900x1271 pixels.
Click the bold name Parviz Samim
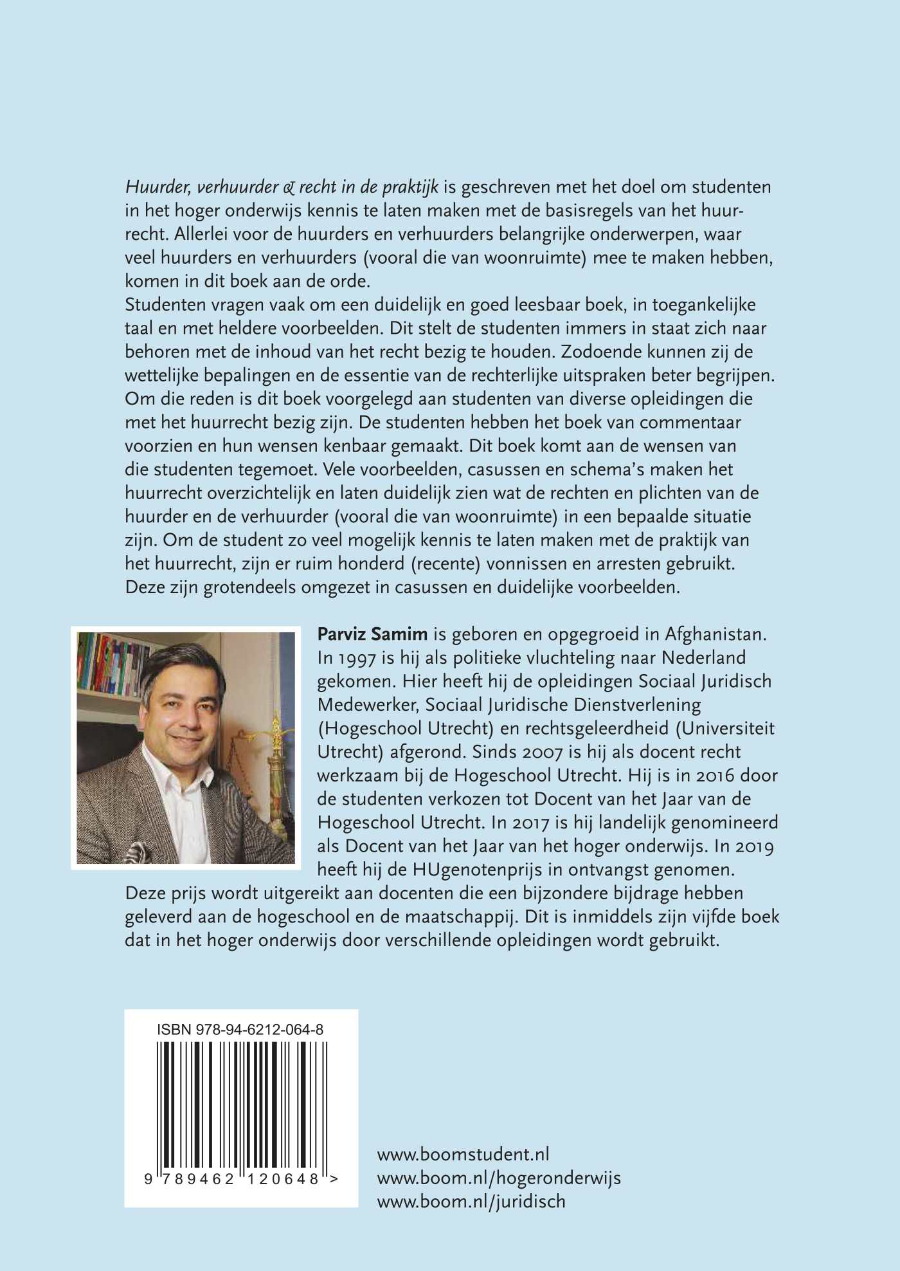pyautogui.click(x=372, y=634)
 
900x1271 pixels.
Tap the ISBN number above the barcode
pyautogui.click(x=240, y=1030)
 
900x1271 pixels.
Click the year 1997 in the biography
pyautogui.click(x=348, y=658)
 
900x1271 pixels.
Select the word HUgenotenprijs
pyautogui.click(x=480, y=870)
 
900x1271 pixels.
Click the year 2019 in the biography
pyautogui.click(x=755, y=846)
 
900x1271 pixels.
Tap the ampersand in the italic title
pyautogui.click(x=289, y=188)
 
